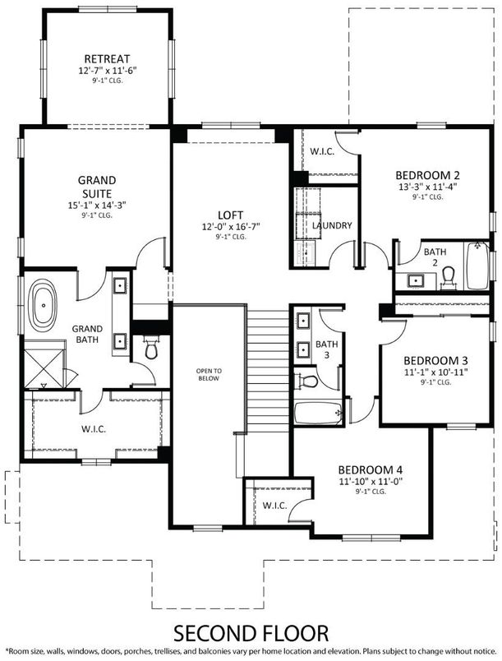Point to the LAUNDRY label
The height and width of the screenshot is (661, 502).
(333, 225)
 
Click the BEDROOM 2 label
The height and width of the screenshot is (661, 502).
(426, 174)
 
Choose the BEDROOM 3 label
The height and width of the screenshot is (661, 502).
(435, 360)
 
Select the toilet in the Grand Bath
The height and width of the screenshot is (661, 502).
(150, 349)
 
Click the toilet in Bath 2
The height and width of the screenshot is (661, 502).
(449, 275)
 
